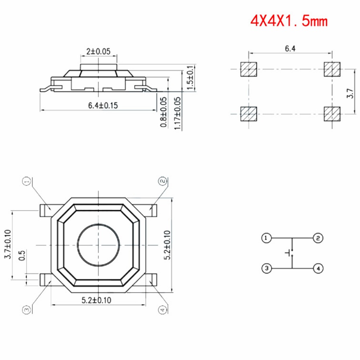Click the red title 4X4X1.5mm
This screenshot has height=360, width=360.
(289, 21)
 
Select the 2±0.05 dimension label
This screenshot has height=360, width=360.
(98, 51)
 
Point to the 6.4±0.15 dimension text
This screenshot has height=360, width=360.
(103, 106)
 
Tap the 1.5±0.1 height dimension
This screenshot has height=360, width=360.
(190, 78)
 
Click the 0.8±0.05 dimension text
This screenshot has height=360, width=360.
(163, 112)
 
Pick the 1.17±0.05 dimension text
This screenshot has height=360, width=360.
(177, 114)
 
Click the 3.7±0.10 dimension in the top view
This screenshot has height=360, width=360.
(8, 244)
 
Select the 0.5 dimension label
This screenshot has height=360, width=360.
(22, 255)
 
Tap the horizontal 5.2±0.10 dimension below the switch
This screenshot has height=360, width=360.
(96, 300)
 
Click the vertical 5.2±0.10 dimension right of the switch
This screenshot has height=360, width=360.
(167, 245)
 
